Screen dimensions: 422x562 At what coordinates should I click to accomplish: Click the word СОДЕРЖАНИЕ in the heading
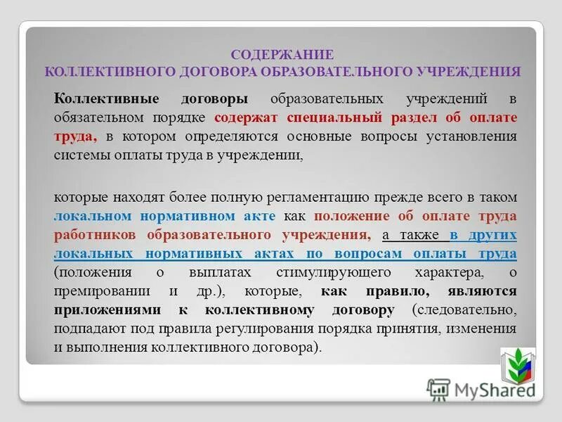pyautogui.click(x=283, y=54)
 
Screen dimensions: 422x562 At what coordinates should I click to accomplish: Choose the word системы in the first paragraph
pyautogui.click(x=79, y=155)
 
